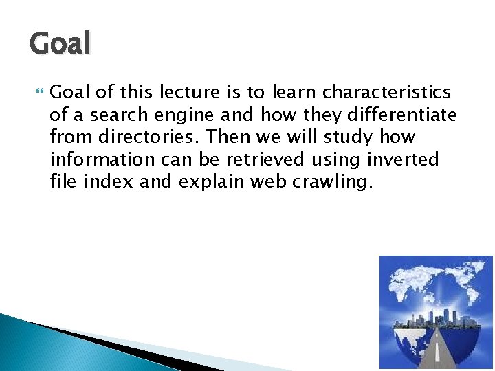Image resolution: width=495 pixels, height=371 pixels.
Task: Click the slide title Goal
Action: point(60,43)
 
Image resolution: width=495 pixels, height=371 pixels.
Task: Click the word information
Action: point(102,160)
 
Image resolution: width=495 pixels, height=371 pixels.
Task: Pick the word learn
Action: point(291,92)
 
